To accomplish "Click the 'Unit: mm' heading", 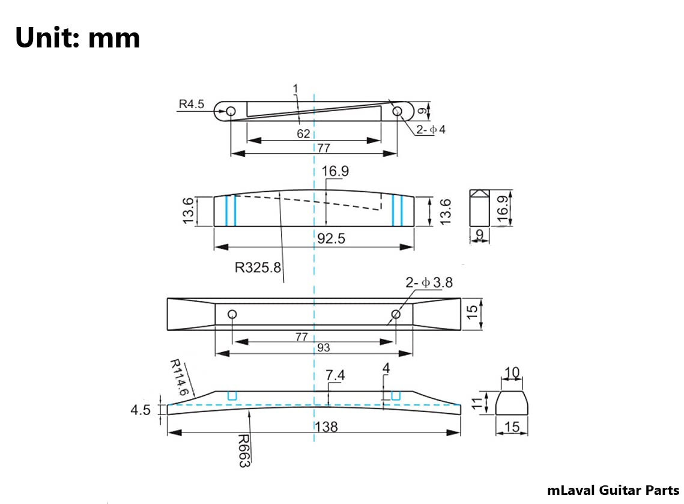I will point(77,37).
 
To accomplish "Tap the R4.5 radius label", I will point(191,104).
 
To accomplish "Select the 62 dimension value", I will point(303,133).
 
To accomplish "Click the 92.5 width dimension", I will point(331,239).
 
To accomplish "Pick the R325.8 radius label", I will point(258,267).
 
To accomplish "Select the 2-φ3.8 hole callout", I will point(429,282).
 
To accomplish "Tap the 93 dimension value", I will point(323,347).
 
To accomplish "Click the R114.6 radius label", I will point(180,377).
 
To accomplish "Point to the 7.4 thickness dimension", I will point(335,375).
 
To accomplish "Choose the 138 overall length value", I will point(326,427).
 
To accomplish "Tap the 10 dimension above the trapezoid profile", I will point(512,373).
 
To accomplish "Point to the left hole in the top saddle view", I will point(231,111).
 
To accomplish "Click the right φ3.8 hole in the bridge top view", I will point(396,314).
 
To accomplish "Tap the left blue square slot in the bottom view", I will point(232,395).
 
